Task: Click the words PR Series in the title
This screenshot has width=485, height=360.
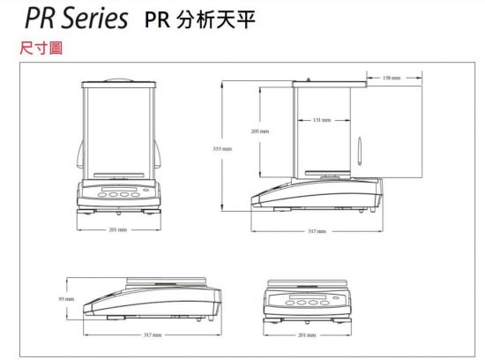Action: [76, 18]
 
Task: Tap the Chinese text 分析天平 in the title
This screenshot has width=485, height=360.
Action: [216, 19]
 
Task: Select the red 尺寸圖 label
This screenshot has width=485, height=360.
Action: [41, 48]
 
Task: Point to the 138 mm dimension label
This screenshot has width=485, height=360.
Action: [392, 78]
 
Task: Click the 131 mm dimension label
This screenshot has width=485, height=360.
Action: [322, 120]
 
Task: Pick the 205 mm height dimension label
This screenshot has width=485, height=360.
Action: [260, 131]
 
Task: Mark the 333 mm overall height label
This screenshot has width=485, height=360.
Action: [222, 149]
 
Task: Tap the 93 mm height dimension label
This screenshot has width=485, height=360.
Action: [66, 299]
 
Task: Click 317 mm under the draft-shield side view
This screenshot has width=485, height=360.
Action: [317, 231]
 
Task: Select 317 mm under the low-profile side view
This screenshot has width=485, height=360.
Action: [153, 335]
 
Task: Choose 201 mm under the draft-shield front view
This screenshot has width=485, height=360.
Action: [118, 229]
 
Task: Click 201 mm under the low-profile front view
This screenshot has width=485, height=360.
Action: [307, 335]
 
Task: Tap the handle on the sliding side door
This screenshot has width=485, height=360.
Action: [360, 151]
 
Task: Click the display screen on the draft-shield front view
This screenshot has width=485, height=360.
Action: [119, 189]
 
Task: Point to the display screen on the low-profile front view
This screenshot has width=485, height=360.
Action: [308, 297]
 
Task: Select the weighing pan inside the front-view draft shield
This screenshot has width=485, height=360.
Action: [119, 175]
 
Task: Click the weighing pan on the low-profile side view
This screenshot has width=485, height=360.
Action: [166, 281]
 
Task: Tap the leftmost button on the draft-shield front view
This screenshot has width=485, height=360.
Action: [101, 195]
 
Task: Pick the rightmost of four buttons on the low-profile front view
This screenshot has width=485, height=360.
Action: [325, 303]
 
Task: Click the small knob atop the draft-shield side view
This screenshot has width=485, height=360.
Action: [308, 79]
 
